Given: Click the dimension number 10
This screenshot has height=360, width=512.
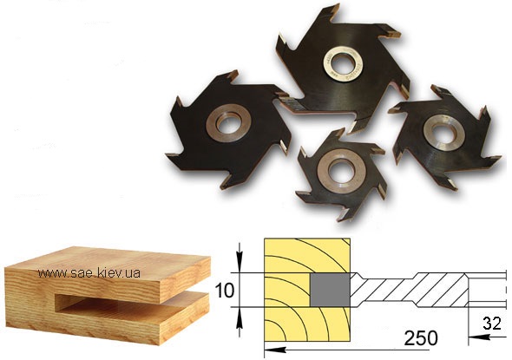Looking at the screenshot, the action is [225, 291].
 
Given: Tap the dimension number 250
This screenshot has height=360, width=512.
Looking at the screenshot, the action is [421, 338].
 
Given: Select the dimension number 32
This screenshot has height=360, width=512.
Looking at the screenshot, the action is [492, 324].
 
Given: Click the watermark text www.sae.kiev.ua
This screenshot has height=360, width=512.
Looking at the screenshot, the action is [89, 273].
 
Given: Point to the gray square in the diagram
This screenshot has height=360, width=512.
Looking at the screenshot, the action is [330, 290].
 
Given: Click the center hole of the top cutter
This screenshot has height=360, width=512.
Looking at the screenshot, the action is [342, 62].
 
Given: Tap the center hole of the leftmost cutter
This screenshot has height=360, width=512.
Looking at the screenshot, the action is [227, 123].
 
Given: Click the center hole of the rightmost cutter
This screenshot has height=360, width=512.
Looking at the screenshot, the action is [444, 132].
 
